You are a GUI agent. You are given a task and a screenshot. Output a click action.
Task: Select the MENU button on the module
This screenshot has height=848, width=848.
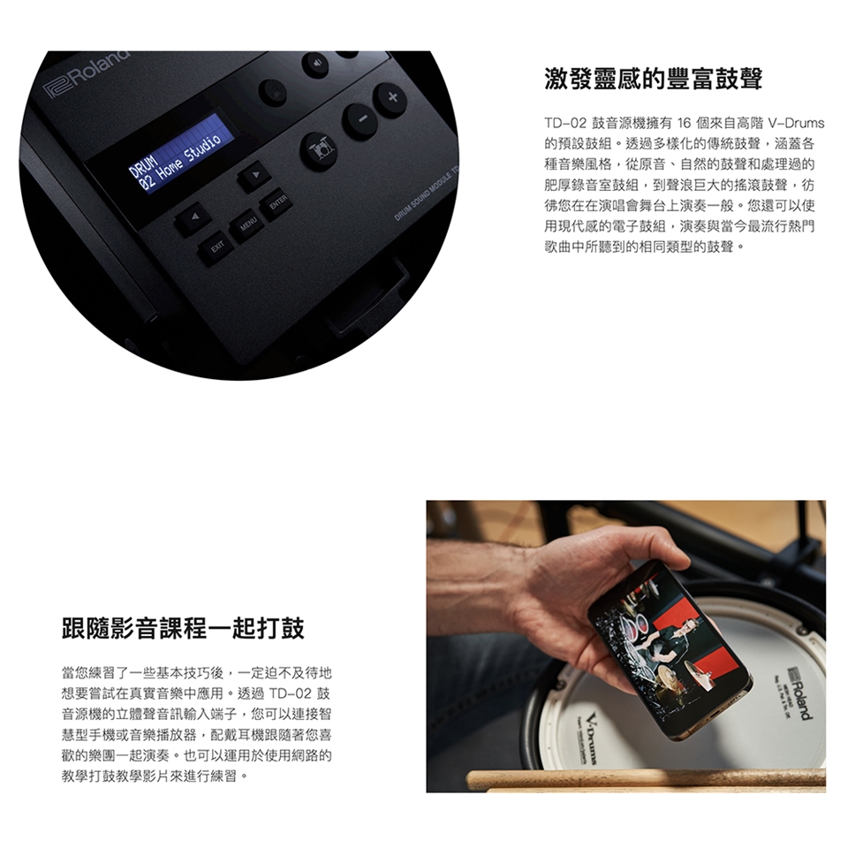click(x=247, y=223)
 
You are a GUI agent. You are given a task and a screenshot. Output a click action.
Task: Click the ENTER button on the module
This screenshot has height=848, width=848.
click(x=277, y=203)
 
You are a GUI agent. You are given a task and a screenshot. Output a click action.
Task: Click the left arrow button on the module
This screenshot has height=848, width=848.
click(x=193, y=218)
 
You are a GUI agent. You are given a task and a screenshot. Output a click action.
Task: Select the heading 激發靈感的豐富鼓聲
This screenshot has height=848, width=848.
click(x=654, y=79)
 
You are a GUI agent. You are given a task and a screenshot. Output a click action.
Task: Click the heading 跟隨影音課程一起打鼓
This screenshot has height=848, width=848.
click(x=184, y=628)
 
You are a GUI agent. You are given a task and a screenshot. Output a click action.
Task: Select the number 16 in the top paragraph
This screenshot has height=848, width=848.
click(x=684, y=124)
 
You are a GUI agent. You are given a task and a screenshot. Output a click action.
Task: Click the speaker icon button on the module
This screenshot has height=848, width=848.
click(x=317, y=64)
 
